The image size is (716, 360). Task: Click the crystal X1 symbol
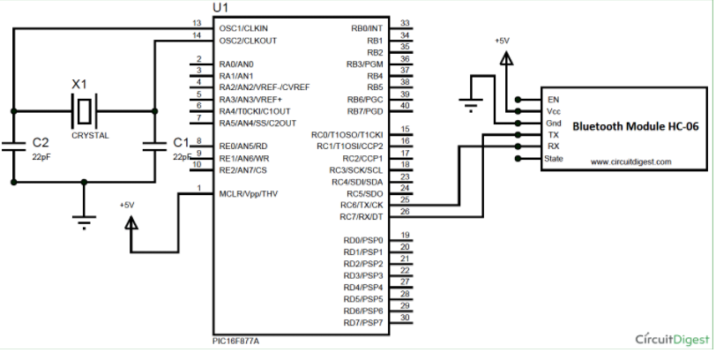(85, 111)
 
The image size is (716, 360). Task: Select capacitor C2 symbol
(13, 145)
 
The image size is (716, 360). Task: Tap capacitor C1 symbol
(155, 145)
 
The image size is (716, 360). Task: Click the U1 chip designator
(221, 8)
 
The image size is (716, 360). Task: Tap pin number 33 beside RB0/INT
(404, 24)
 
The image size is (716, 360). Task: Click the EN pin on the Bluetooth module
(553, 100)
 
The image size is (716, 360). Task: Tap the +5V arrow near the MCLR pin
(131, 223)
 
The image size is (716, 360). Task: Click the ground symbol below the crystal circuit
(85, 221)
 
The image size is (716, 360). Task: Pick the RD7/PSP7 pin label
(363, 322)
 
